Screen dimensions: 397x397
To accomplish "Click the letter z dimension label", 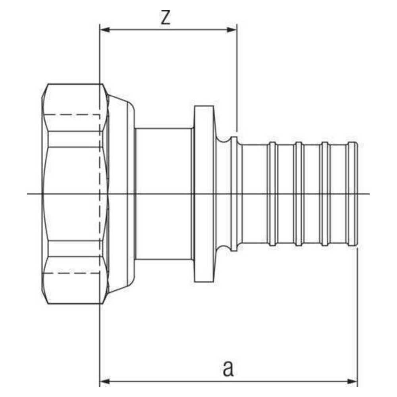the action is (166, 18).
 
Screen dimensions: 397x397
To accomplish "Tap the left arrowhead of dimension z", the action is (105, 30).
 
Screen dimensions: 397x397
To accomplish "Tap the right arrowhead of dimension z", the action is (232, 30).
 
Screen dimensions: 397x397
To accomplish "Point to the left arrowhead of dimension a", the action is (105, 381).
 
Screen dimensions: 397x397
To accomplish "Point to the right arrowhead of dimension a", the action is (352, 381).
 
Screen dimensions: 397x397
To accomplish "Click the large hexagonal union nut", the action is (75, 194).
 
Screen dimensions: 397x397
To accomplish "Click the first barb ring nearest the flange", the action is (272, 194).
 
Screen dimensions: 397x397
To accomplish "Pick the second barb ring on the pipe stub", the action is (299, 194).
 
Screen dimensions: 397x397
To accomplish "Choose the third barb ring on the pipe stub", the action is (325, 194).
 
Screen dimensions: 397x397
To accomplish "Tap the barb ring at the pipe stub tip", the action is (352, 194).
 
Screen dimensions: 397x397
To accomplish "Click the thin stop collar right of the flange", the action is (235, 194).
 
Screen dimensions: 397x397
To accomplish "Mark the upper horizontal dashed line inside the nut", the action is (74, 115).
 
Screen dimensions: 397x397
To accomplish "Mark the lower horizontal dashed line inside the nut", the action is (74, 273).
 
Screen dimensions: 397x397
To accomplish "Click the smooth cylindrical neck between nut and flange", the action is (164, 194).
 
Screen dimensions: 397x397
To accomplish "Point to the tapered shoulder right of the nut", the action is (121, 194).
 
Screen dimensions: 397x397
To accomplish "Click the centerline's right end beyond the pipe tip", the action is (369, 194).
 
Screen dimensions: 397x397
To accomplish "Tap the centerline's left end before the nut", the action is (27, 194).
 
